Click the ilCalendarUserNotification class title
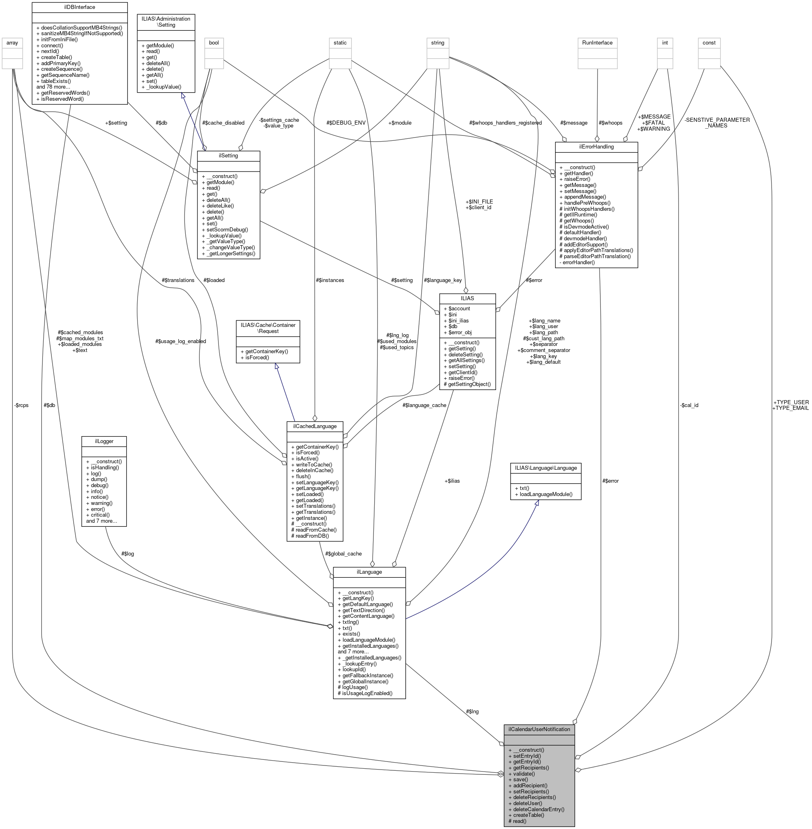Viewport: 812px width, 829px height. [x=539, y=729]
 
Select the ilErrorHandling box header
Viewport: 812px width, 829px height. [x=596, y=147]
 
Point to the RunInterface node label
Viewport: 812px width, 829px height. [x=597, y=42]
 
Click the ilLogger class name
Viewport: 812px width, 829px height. [x=104, y=441]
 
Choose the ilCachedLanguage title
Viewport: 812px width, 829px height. [x=315, y=426]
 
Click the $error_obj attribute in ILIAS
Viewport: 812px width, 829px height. [x=460, y=332]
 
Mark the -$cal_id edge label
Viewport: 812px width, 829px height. [x=689, y=405]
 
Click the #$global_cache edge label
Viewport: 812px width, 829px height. [x=343, y=553]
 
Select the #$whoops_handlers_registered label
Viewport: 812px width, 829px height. [x=505, y=123]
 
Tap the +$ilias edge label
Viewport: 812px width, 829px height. [x=452, y=481]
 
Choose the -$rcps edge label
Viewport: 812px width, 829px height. [x=21, y=405]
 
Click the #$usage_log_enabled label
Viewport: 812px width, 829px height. [x=181, y=341]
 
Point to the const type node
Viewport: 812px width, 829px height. [x=709, y=42]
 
